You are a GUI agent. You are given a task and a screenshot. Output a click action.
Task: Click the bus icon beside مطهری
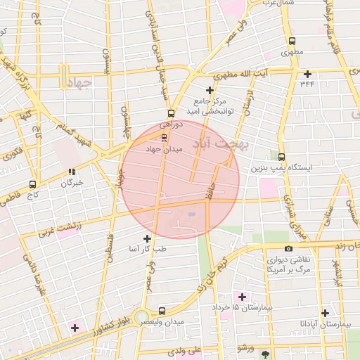[x=291, y=41]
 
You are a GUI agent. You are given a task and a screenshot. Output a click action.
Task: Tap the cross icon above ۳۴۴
[x=307, y=74]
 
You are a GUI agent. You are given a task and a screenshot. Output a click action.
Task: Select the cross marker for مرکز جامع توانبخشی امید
[x=210, y=90]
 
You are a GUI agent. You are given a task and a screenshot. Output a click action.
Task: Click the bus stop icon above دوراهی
[x=170, y=113]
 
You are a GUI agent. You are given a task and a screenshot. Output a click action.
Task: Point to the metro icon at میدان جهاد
[x=164, y=137]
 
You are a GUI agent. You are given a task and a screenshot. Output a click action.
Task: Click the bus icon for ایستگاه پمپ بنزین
[x=282, y=157]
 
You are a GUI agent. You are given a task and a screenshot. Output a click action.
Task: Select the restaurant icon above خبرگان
[x=72, y=172]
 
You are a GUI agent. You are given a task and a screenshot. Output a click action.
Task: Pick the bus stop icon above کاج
[x=32, y=184]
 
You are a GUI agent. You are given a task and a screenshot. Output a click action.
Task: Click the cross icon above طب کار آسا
[x=147, y=238]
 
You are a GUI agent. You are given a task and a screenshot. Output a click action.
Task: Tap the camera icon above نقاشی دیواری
[x=288, y=248]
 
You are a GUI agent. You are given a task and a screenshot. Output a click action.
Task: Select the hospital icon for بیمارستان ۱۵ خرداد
[x=243, y=297]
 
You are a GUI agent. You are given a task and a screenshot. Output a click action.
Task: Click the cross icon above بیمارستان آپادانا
[x=325, y=313]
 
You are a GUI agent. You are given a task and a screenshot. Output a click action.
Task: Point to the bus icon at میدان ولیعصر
[x=162, y=310]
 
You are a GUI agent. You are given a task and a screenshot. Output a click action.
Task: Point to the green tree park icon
[x=264, y=354]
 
